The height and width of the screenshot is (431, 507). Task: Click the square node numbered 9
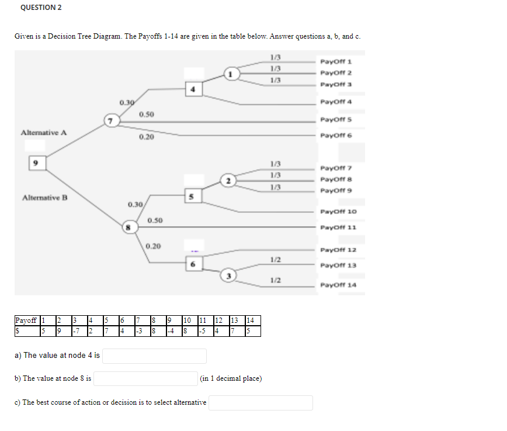point(36,163)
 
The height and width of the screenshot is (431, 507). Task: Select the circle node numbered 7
point(109,121)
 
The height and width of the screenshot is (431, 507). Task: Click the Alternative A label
point(44,133)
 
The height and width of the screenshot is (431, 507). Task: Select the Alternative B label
point(44,198)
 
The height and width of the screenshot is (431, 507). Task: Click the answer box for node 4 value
point(155,356)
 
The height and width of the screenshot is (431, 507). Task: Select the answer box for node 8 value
point(146,379)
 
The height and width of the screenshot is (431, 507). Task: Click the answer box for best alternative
point(261,403)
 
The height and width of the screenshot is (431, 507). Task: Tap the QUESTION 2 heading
point(41,8)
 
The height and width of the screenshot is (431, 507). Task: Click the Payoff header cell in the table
point(26,320)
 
